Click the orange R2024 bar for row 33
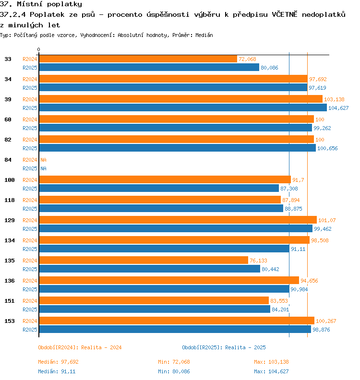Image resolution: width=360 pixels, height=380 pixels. [138, 59]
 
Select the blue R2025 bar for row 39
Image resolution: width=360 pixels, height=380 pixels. [183, 107]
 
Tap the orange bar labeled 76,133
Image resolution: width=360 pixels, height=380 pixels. [144, 260]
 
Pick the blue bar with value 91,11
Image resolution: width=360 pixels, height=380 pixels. [164, 249]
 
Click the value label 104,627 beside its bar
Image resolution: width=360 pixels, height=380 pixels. [338, 108]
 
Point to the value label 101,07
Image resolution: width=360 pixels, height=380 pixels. [327, 220]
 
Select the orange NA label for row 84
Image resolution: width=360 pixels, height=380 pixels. [43, 160]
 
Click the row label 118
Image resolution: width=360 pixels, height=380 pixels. [10, 200]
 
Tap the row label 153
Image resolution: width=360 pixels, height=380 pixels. [10, 321]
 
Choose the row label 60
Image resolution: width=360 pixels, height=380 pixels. [8, 119]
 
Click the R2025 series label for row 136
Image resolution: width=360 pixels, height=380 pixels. [30, 289]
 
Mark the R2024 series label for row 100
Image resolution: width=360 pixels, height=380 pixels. [30, 180]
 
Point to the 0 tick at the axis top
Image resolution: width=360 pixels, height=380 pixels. [38, 49]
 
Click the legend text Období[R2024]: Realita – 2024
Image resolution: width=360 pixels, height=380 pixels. [80, 347]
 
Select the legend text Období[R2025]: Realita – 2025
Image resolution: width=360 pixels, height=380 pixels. [224, 347]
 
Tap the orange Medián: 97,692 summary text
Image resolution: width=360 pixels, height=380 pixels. [58, 362]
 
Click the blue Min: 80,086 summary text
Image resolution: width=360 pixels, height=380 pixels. [174, 371]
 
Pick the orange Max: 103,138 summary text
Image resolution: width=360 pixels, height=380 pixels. [271, 362]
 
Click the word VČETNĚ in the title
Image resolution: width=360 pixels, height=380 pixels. [284, 14]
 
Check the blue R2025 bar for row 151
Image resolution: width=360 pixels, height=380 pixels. [155, 309]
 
